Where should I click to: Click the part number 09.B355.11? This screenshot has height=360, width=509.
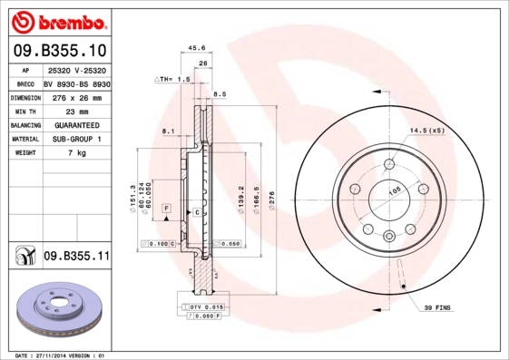pyautogui.click(x=76, y=257)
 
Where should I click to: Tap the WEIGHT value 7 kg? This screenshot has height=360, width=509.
pyautogui.click(x=76, y=153)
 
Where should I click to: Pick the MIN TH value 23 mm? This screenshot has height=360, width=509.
pyautogui.click(x=76, y=111)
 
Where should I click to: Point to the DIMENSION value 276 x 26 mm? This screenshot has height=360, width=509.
pyautogui.click(x=76, y=96)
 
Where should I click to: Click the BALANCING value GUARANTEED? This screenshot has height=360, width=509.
pyautogui.click(x=76, y=124)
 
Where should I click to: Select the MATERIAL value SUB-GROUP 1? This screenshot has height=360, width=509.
pyautogui.click(x=76, y=139)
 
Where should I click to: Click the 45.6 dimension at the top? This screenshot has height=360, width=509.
pyautogui.click(x=195, y=48)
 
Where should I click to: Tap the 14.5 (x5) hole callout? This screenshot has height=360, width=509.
pyautogui.click(x=426, y=131)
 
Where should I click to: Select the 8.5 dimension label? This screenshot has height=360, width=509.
pyautogui.click(x=220, y=94)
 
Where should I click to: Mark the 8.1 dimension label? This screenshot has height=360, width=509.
pyautogui.click(x=167, y=131)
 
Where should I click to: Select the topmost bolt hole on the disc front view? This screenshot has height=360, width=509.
pyautogui.click(x=389, y=164)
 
